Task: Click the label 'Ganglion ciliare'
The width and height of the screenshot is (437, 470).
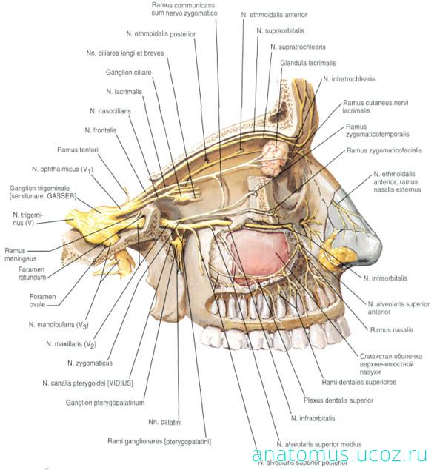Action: (x=128, y=73)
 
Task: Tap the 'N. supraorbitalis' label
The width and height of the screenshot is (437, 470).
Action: (x=280, y=31)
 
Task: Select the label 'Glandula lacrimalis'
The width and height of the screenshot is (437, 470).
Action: (x=307, y=63)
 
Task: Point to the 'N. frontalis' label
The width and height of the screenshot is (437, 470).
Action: (x=101, y=130)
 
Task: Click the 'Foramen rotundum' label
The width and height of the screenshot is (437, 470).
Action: (x=32, y=273)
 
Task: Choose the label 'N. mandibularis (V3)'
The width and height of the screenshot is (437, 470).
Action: (x=59, y=325)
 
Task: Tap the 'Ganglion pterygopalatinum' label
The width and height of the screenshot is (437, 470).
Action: (x=105, y=403)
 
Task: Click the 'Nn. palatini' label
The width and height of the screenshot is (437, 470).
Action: (x=165, y=422)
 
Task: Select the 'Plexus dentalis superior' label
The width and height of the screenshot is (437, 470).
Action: (x=338, y=400)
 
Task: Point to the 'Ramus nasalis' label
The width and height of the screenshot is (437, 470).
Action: (x=391, y=329)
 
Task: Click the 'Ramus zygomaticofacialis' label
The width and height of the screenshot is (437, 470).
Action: (x=384, y=150)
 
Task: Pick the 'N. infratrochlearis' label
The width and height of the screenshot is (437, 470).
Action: (x=349, y=79)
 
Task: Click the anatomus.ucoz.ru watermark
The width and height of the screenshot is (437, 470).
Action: (x=339, y=454)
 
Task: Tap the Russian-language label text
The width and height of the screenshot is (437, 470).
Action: (x=391, y=364)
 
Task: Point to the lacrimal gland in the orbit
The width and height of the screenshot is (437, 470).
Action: (x=274, y=158)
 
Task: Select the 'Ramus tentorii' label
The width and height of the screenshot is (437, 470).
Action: (x=78, y=150)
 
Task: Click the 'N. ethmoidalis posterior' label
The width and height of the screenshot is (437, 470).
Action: (x=161, y=34)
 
